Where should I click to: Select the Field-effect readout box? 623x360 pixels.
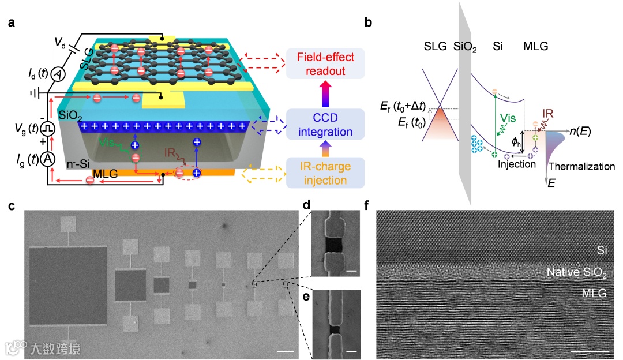[x=325, y=63]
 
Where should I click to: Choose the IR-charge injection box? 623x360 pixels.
[x=325, y=174]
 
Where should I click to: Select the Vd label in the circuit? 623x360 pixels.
[x=60, y=43]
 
